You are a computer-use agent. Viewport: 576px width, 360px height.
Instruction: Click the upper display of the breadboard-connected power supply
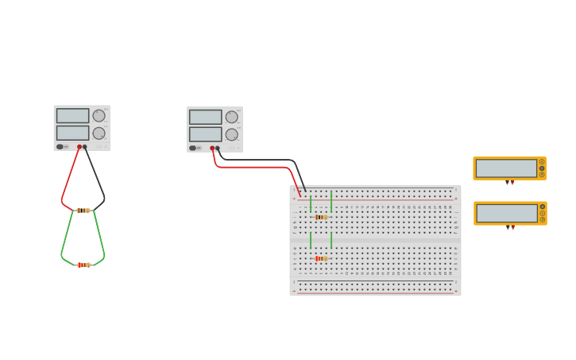pos(206,117)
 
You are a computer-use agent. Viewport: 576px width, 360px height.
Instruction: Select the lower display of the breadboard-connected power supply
pos(206,134)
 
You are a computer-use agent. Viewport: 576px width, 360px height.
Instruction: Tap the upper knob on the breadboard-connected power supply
pos(231,117)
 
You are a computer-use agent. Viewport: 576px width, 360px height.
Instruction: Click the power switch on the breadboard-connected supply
pos(193,148)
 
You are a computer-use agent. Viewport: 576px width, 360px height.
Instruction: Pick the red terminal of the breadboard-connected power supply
pos(212,148)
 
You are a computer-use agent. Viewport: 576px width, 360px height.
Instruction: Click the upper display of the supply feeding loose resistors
pos(73,115)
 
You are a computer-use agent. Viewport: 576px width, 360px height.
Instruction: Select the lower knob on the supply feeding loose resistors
pos(99,133)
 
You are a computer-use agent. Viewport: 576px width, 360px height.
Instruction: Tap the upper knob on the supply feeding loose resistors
pos(99,115)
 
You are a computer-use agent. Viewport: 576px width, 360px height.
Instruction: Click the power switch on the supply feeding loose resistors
pos(60,146)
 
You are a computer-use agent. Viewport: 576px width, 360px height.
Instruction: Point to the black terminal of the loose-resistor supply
pos(85,146)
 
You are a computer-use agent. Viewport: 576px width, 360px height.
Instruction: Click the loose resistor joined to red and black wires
pos(83,211)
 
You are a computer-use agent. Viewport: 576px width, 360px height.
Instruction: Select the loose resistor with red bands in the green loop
pos(83,265)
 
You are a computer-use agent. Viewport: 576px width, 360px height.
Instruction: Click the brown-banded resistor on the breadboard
pos(320,217)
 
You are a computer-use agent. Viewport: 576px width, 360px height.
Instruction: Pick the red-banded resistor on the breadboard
pos(320,258)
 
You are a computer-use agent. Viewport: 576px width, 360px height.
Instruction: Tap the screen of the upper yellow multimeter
pos(506,168)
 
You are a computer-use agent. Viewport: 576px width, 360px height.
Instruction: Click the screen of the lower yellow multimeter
pos(507,213)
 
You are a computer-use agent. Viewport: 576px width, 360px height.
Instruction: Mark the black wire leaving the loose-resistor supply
pos(96,175)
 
